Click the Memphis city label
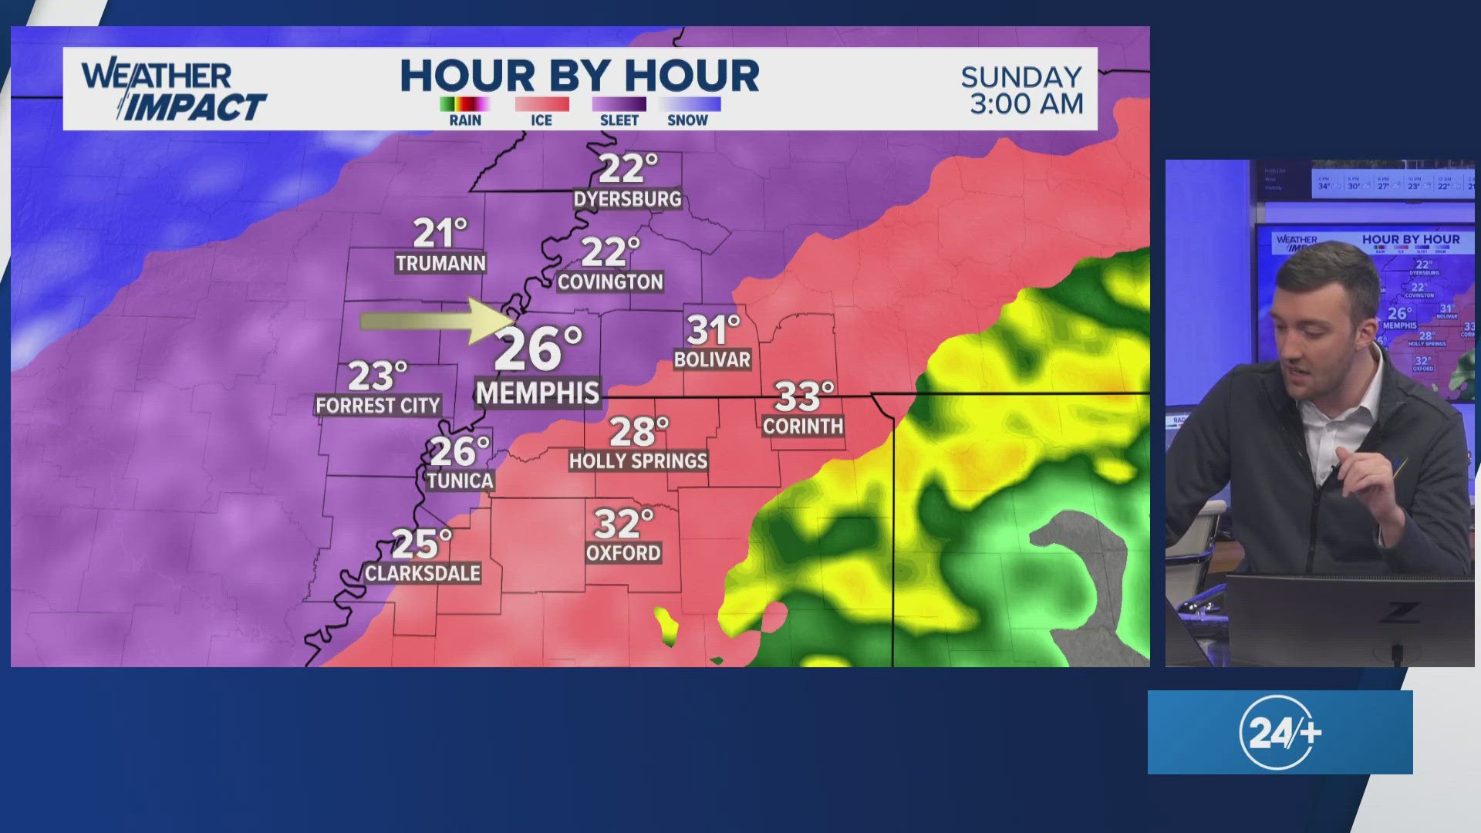click(x=538, y=393)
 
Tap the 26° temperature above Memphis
click(x=538, y=349)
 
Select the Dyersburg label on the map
click(x=628, y=199)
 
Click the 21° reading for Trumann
click(x=440, y=232)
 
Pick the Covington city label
click(x=610, y=282)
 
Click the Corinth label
click(x=803, y=427)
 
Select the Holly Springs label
click(x=638, y=461)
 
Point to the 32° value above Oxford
click(x=623, y=524)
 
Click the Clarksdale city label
click(x=423, y=573)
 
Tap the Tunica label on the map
click(x=460, y=481)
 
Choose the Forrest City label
click(x=378, y=406)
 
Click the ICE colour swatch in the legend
click(x=541, y=104)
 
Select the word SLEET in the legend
click(x=619, y=120)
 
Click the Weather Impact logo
click(x=174, y=91)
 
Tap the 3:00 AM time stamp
click(x=1027, y=103)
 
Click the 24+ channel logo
click(x=1280, y=732)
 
